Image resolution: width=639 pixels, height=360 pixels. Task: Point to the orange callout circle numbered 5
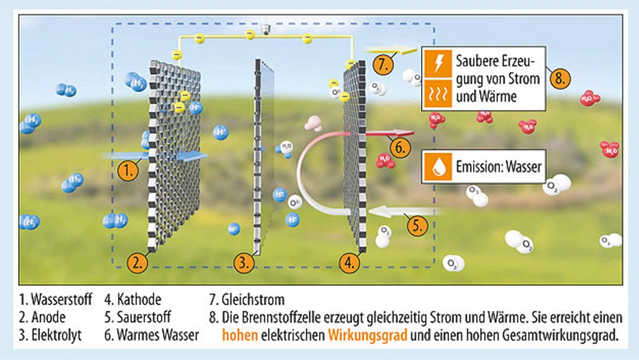[417, 226]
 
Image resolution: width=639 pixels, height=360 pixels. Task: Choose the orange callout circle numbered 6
[400, 147]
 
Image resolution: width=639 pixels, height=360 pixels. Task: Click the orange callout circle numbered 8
[560, 79]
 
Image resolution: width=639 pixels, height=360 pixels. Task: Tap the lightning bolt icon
[438, 62]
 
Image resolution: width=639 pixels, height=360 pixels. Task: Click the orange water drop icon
[438, 167]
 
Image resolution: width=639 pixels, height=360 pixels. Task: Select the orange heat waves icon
[438, 94]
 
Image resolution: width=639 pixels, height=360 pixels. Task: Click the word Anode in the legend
[48, 317]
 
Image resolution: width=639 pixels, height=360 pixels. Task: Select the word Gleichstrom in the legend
[254, 300]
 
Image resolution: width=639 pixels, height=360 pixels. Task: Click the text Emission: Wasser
[498, 167]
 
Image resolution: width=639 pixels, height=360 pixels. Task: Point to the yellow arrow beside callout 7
[391, 50]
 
